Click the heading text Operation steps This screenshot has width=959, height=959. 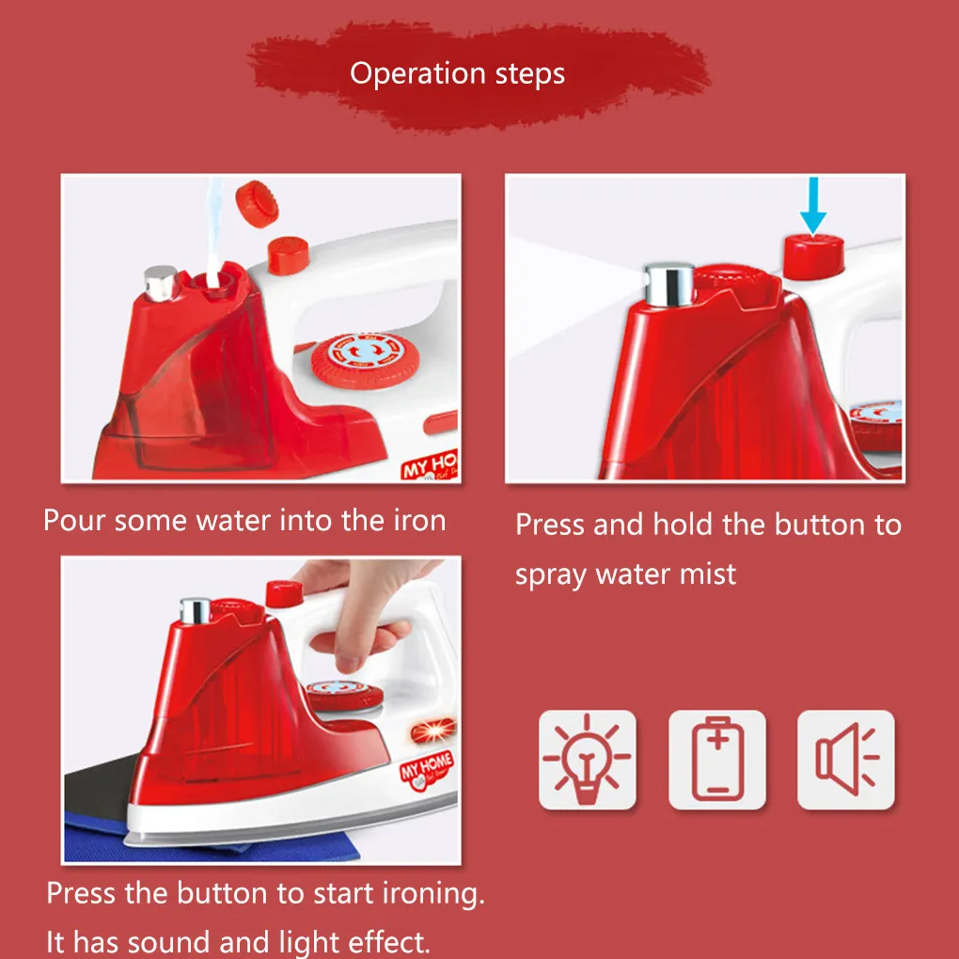457,74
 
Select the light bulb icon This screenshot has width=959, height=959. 587,760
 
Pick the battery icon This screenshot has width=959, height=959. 717,760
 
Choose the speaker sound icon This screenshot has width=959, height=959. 846,760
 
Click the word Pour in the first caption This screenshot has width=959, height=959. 74,521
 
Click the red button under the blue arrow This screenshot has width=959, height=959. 813,256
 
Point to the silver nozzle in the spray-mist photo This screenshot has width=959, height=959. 669,284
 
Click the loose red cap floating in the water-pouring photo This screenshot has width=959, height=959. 257,204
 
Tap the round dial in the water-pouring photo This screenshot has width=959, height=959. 365,361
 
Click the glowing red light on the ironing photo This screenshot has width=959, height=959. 433,731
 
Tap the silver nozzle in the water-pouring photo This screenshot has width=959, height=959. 160,283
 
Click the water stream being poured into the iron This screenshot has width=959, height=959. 213,231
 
